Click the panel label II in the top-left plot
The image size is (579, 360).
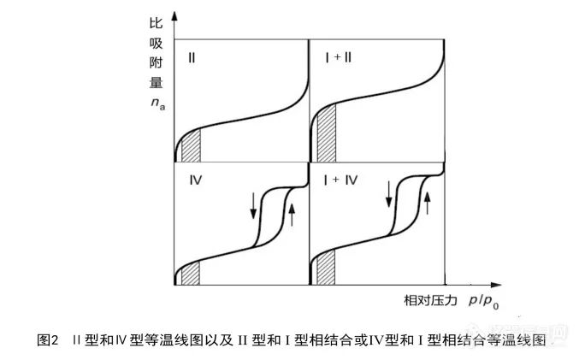(x=192, y=58)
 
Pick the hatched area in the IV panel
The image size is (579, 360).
(x=191, y=274)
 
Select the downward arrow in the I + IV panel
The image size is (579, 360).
(x=389, y=192)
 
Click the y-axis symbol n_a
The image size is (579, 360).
(x=156, y=103)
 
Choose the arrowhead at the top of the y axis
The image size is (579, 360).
(x=174, y=15)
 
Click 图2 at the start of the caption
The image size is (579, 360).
(x=49, y=340)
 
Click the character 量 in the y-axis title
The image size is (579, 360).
(x=155, y=85)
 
